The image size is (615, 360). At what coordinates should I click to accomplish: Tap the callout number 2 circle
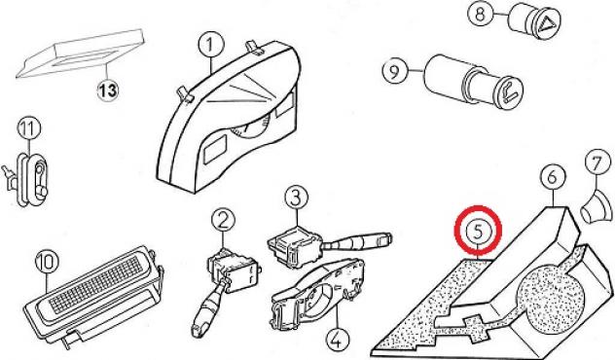point(223,222)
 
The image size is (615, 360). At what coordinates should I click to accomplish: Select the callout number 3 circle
point(297,198)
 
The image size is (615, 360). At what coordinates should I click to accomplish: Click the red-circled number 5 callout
point(478,231)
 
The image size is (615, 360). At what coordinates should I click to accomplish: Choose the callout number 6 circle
point(553,178)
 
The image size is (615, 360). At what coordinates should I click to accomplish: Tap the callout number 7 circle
point(598,162)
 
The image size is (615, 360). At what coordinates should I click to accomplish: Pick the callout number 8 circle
point(481,15)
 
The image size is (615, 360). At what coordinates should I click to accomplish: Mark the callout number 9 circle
point(395,71)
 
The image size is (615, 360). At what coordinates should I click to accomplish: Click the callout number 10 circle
point(47,262)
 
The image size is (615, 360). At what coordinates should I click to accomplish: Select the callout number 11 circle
point(29,129)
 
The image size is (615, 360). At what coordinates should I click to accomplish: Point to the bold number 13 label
point(107,91)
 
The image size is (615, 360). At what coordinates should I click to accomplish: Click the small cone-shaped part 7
point(597,207)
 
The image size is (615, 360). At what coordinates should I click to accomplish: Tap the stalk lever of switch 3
point(358,241)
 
